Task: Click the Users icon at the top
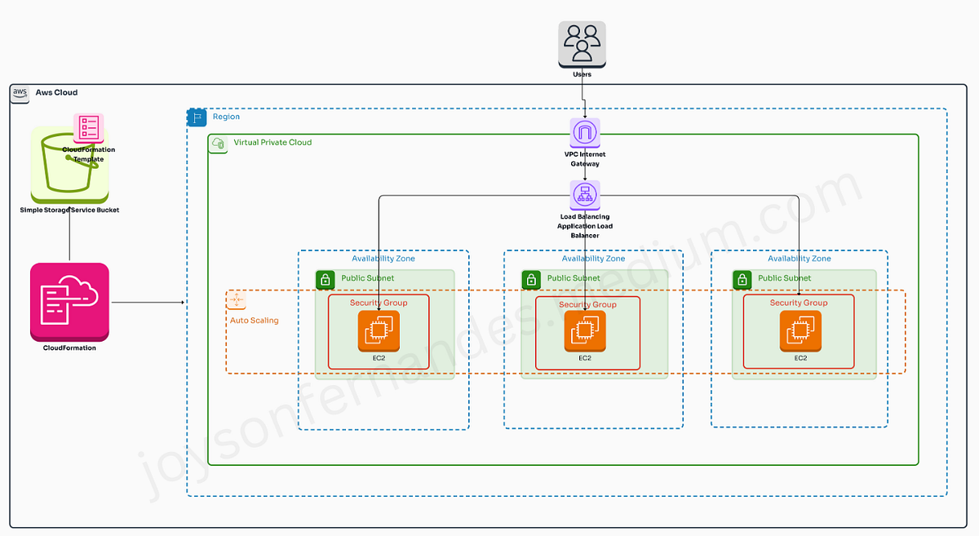[x=583, y=44]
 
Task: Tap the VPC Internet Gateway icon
[x=585, y=133]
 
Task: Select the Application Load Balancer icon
[x=585, y=195]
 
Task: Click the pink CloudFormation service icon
[x=69, y=302]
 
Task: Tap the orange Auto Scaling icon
[x=237, y=301]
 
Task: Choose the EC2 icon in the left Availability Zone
[x=379, y=331]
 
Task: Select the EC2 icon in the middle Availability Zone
[x=585, y=331]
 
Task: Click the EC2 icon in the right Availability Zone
[x=800, y=331]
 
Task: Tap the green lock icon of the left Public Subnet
[x=326, y=280]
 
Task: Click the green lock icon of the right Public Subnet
[x=742, y=280]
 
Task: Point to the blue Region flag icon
[x=197, y=117]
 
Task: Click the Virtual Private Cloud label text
[x=272, y=142]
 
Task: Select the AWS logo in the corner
[x=20, y=93]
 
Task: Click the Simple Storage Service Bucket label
[x=69, y=210]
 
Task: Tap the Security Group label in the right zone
[x=799, y=303]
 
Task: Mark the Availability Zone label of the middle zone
[x=593, y=259]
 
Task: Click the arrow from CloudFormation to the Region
[x=147, y=303]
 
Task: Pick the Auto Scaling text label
[x=254, y=321]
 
